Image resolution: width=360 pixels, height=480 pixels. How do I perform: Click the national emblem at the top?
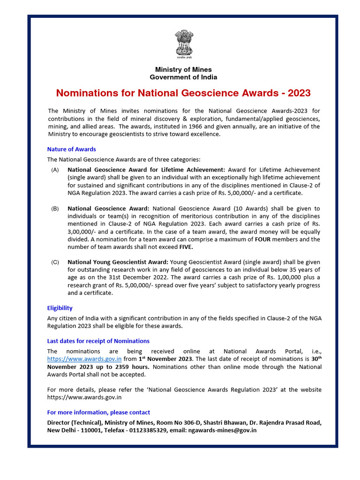183,45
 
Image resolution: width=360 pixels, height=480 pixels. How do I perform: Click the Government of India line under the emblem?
183,77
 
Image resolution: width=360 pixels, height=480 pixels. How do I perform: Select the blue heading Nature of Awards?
71,149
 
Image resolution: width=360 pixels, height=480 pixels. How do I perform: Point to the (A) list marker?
55,170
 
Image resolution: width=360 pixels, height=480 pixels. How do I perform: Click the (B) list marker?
55,209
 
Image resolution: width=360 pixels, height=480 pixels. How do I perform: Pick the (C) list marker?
55,262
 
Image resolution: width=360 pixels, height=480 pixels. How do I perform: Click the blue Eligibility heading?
60,308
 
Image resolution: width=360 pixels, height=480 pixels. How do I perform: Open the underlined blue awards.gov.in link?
84,359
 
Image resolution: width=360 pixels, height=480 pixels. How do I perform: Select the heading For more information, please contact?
98,412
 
